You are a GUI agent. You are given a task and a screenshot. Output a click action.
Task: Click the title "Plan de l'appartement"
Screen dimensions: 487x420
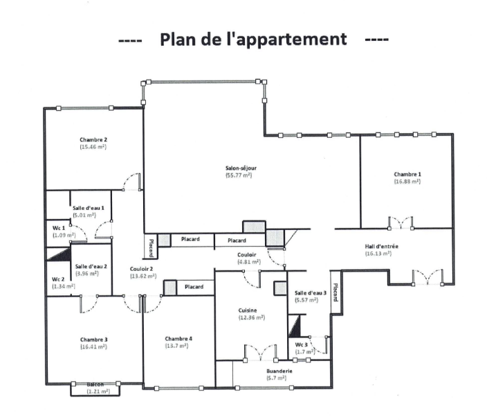(253, 40)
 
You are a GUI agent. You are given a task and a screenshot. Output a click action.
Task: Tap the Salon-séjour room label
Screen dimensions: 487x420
(241, 168)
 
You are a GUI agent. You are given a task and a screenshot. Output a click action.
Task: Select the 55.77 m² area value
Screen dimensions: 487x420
(239, 175)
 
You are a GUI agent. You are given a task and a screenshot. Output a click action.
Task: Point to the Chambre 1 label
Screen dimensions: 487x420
(407, 174)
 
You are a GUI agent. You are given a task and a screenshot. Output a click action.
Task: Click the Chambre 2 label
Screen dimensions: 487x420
(93, 140)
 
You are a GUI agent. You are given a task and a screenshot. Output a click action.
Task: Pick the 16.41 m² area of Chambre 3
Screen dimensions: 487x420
(93, 347)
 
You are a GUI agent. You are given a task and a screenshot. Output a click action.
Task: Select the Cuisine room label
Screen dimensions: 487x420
(248, 310)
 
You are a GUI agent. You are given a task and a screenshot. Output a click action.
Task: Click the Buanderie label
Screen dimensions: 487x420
(279, 371)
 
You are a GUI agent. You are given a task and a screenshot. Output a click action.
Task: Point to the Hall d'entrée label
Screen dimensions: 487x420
(381, 246)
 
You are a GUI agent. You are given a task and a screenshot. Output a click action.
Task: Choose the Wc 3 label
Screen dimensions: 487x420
(302, 344)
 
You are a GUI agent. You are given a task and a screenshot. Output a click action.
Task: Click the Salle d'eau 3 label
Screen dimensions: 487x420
(311, 292)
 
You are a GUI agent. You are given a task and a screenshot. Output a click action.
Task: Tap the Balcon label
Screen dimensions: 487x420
(95, 385)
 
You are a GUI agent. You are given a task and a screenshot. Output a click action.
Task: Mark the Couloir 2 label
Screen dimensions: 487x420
(141, 269)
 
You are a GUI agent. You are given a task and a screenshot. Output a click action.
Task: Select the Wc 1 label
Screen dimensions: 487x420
(59, 228)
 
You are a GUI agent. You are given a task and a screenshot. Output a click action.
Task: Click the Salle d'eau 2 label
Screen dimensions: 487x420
(91, 266)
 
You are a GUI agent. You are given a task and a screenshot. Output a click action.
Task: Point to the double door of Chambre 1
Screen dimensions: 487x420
(401, 222)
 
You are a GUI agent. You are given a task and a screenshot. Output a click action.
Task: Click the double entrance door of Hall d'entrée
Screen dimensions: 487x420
(428, 277)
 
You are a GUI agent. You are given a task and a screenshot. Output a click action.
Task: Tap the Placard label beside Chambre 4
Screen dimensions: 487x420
(194, 286)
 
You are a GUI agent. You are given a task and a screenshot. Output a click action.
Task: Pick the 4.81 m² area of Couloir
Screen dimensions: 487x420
(249, 262)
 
